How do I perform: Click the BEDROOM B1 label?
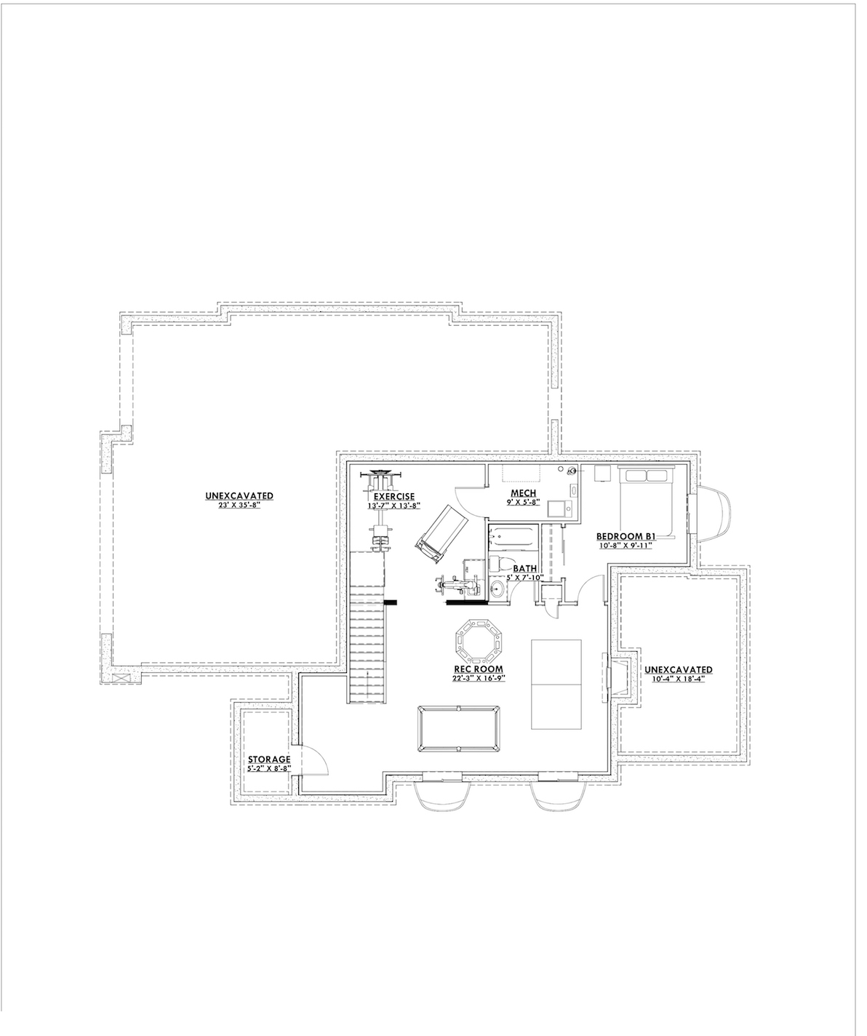[x=626, y=537]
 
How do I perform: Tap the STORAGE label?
[x=269, y=759]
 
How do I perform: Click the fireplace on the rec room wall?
[x=612, y=674]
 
